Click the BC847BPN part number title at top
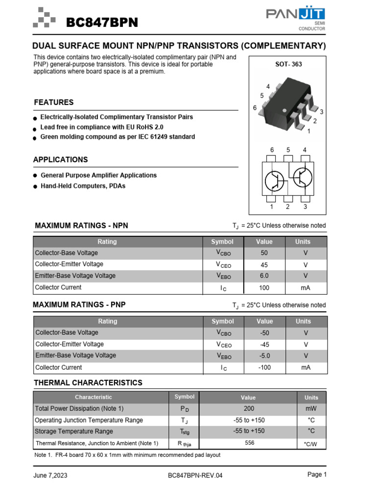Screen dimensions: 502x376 coord(102,23)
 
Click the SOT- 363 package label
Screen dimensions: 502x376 coord(288,64)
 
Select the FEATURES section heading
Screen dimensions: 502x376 coord(54,102)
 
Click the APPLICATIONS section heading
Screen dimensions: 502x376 coord(61,160)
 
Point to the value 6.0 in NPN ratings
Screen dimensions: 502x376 coord(264,276)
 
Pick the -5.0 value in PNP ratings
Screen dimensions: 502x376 coord(264,355)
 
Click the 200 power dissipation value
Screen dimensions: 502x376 coord(249,408)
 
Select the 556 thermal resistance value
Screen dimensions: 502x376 coord(249,443)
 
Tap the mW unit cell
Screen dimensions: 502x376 coord(311,408)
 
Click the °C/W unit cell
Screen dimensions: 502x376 coord(311,443)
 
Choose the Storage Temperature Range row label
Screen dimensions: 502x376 coord(74,431)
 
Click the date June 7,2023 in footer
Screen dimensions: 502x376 coord(50,476)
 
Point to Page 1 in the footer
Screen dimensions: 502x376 coord(317,475)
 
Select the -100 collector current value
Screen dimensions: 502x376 coord(264,367)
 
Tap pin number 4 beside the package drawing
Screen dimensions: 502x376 coord(268,87)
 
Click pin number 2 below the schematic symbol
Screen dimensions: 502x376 coord(288,207)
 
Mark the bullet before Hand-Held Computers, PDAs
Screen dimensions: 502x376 coord(36,187)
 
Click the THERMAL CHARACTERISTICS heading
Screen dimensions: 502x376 coord(88,383)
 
